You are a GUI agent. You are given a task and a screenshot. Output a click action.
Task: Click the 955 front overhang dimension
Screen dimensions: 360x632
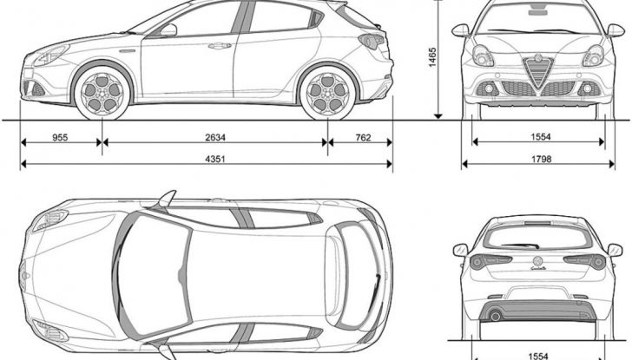(60, 136)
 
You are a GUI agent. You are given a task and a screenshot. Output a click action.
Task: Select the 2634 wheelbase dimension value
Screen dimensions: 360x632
(214, 136)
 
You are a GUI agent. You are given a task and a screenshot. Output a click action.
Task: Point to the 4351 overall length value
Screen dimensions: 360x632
(205, 158)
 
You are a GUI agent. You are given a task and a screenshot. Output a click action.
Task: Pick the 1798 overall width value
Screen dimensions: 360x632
(542, 158)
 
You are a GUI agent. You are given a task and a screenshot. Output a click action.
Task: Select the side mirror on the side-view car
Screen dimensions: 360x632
(168, 30)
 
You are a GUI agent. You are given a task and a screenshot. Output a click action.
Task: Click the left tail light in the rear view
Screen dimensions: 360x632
(490, 261)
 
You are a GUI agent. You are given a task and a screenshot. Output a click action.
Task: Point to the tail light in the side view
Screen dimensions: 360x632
(372, 41)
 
